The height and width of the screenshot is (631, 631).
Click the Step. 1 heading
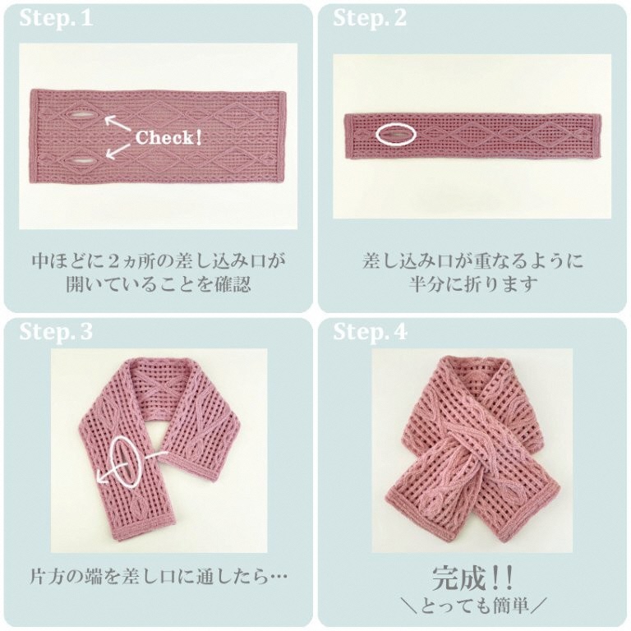tap(56, 19)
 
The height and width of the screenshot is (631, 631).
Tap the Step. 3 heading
tap(56, 332)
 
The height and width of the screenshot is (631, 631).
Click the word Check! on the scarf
tap(168, 137)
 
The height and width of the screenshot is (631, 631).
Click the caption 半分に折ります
tap(473, 284)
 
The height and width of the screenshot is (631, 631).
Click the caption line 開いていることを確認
tap(158, 284)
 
